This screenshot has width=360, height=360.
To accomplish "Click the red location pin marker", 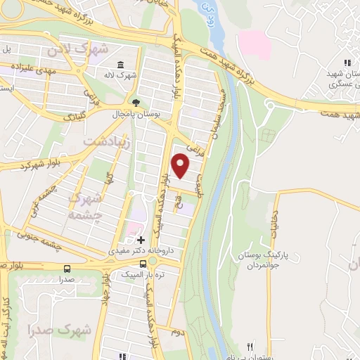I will (x=181, y=165).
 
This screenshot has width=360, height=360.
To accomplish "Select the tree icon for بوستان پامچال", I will (x=139, y=101).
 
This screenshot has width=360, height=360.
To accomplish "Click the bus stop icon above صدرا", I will (x=67, y=269).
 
